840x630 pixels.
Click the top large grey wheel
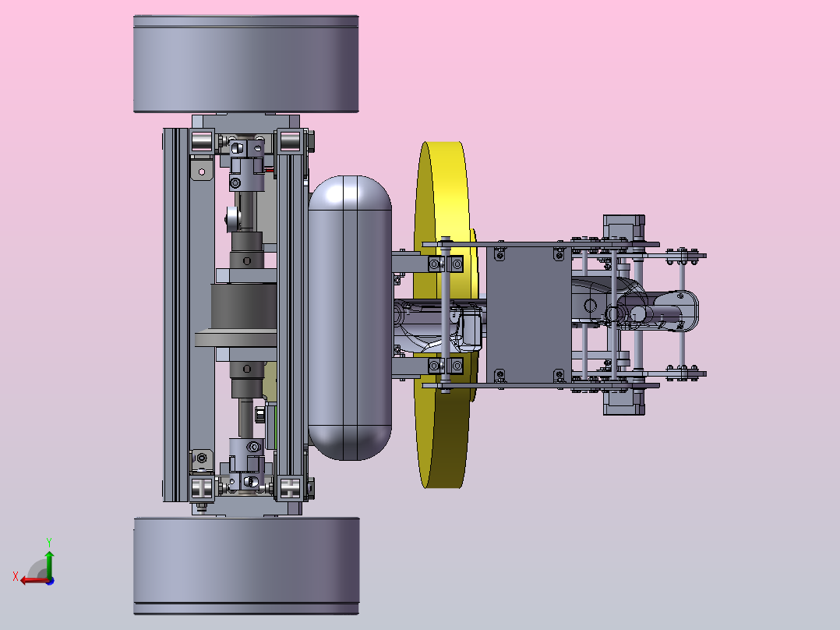pyautogui.click(x=246, y=64)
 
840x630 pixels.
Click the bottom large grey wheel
pyautogui.click(x=246, y=565)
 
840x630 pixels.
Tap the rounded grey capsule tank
pyautogui.click(x=350, y=317)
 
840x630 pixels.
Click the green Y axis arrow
pyautogui.click(x=49, y=564)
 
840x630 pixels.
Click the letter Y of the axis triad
pyautogui.click(x=49, y=542)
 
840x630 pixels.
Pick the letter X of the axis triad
pyautogui.click(x=16, y=576)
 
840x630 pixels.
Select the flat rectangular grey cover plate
pyautogui.click(x=528, y=314)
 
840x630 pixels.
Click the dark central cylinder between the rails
pyautogui.click(x=244, y=306)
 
